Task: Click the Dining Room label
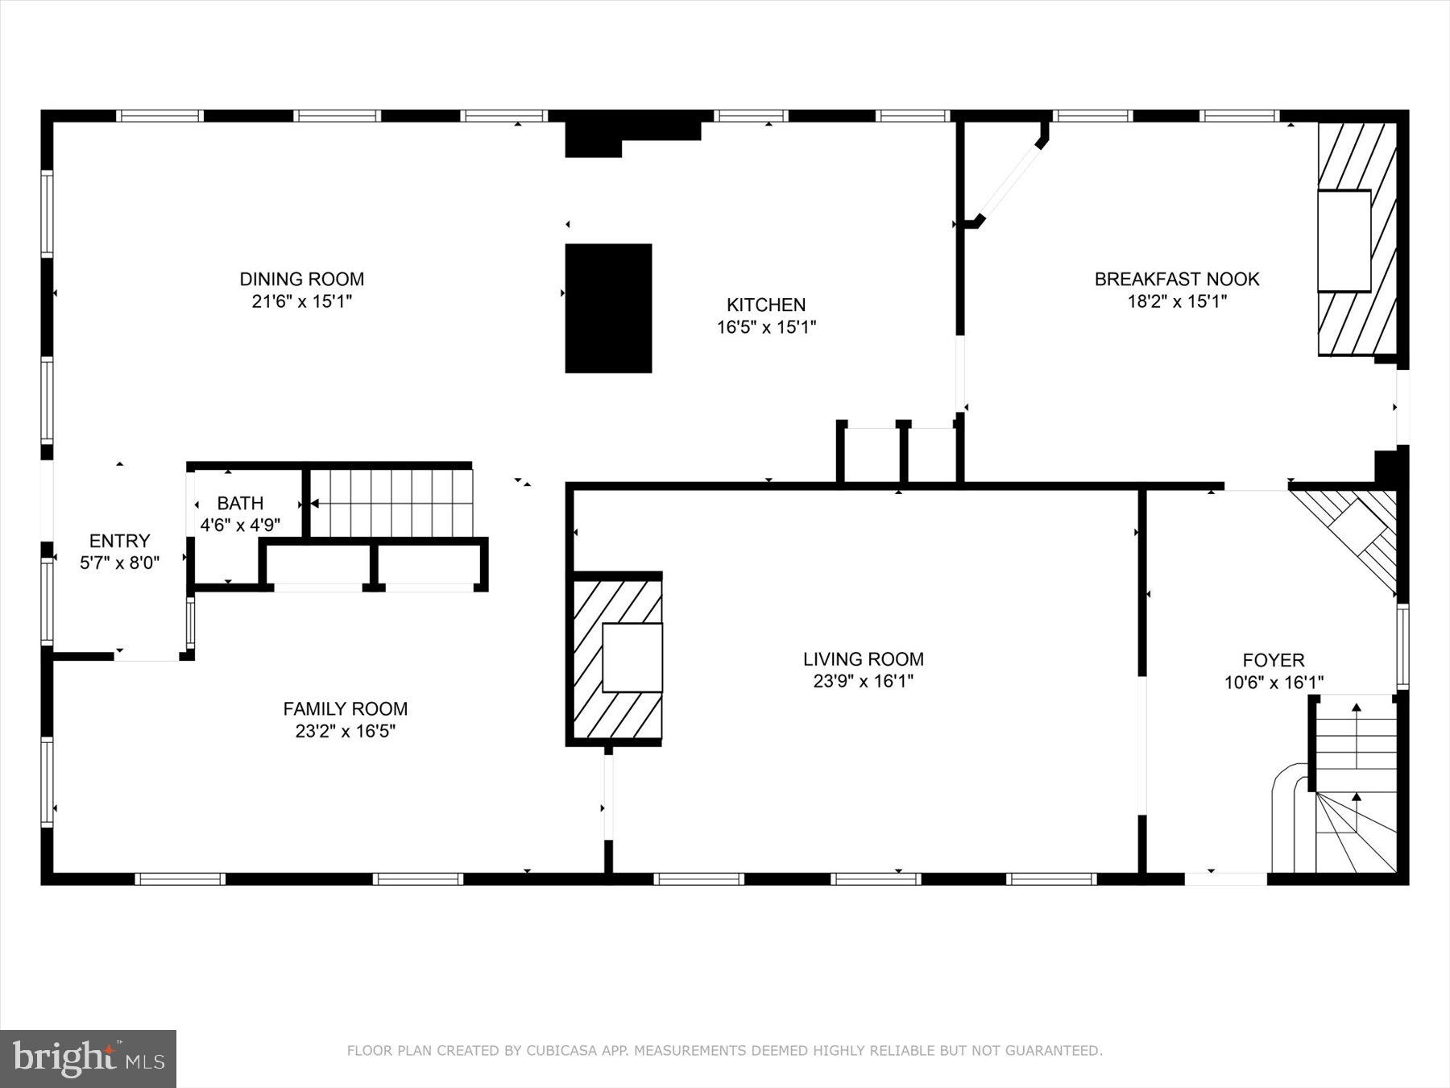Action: coord(301,279)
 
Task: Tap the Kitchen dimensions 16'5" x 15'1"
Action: coord(766,327)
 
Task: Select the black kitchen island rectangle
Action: coord(608,308)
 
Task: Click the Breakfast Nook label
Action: coord(1176,279)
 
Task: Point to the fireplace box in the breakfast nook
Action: coord(1344,240)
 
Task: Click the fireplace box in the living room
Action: coord(632,658)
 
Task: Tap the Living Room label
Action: coord(863,658)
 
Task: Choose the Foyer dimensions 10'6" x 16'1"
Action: coord(1274,683)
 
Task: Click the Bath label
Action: coord(240,503)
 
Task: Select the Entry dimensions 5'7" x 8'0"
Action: coord(119,563)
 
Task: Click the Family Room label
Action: coord(345,708)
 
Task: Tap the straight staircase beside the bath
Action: coord(391,503)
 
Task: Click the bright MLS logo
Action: coord(88,1058)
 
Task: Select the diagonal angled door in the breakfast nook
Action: coord(1009,182)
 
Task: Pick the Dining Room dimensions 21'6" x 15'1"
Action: coord(301,301)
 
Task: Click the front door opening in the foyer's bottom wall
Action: coord(1225,878)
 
